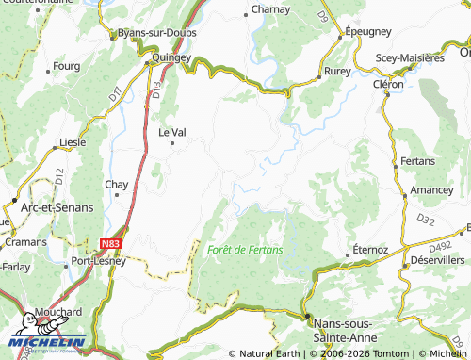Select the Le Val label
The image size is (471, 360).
pyautogui.click(x=171, y=132)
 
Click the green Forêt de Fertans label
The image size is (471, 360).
pyautogui.click(x=245, y=249)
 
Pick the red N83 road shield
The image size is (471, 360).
pyautogui.click(x=110, y=243)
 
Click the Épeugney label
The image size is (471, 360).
pyautogui.click(x=367, y=31)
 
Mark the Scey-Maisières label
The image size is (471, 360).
pyautogui.click(x=410, y=57)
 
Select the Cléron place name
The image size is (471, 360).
pyautogui.click(x=387, y=84)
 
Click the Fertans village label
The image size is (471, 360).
pyautogui.click(x=417, y=161)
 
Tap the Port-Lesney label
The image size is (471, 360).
pyautogui.click(x=99, y=262)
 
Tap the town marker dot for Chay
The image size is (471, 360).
pyautogui.click(x=117, y=196)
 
